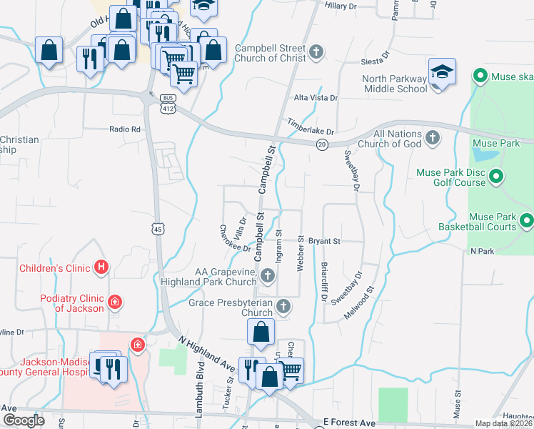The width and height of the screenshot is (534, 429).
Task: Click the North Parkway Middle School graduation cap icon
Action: [443, 73]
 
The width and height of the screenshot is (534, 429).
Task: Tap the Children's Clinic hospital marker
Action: [102, 268]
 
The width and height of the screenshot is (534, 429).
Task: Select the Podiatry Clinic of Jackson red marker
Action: [114, 303]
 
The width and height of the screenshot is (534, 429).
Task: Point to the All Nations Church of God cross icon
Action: [432, 137]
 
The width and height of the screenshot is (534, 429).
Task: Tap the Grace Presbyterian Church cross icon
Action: [283, 307]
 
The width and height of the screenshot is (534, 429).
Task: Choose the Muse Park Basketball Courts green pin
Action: [527, 221]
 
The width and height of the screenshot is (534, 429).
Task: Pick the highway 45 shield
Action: [157, 228]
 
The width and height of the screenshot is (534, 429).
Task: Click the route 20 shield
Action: [323, 144]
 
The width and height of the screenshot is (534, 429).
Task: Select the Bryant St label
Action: [325, 242]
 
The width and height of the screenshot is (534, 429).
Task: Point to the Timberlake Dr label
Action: [311, 127]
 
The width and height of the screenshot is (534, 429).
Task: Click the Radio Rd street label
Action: [125, 129]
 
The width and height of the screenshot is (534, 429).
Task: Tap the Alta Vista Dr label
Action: [316, 97]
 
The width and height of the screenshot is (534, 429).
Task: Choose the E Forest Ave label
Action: [349, 423]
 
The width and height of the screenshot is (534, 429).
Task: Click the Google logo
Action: [23, 420]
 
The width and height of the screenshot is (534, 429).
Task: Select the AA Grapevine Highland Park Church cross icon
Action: [268, 275]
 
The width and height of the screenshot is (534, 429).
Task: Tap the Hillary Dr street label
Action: [341, 6]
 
